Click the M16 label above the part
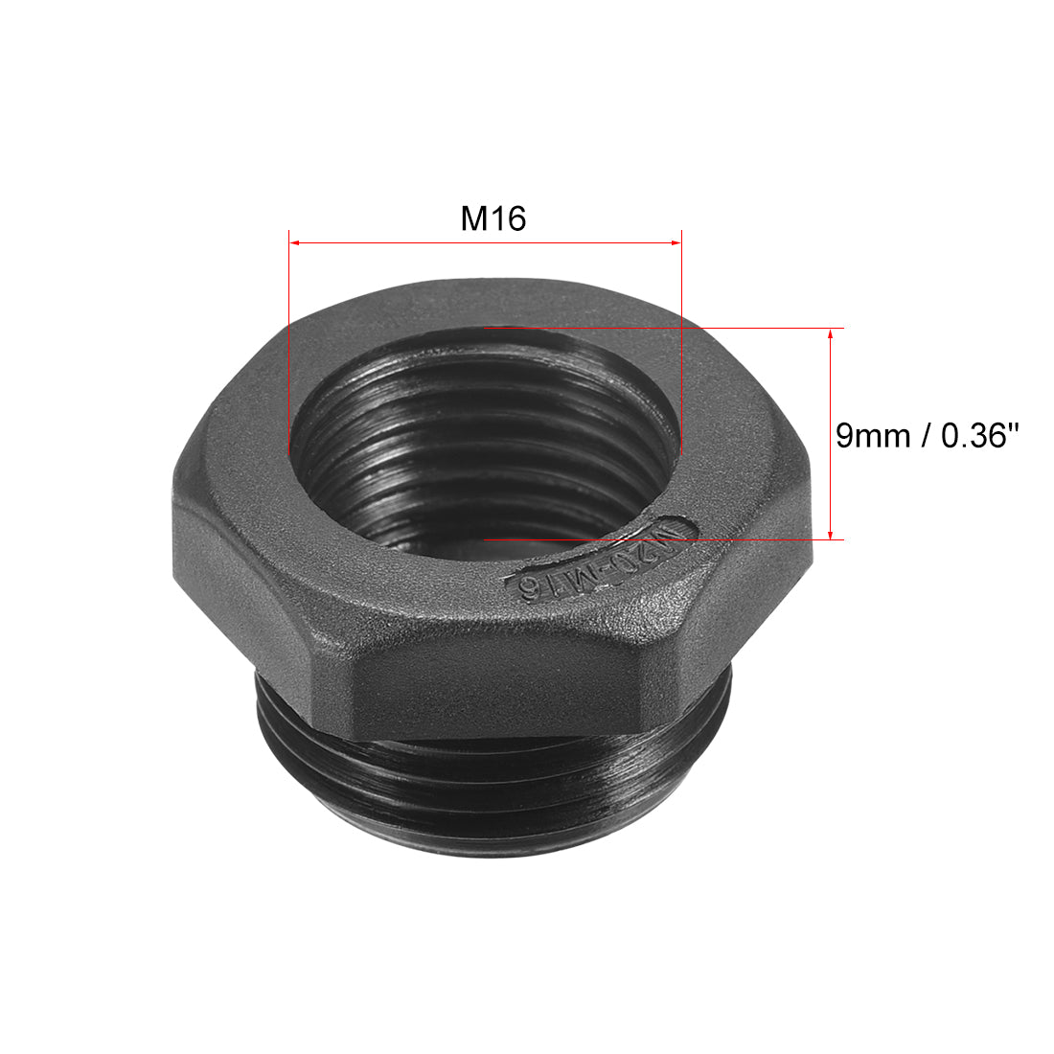[493, 219]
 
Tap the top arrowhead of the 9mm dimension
[830, 333]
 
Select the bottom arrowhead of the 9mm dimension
[830, 534]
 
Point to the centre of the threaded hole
[484, 441]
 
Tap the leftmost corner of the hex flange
[173, 479]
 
